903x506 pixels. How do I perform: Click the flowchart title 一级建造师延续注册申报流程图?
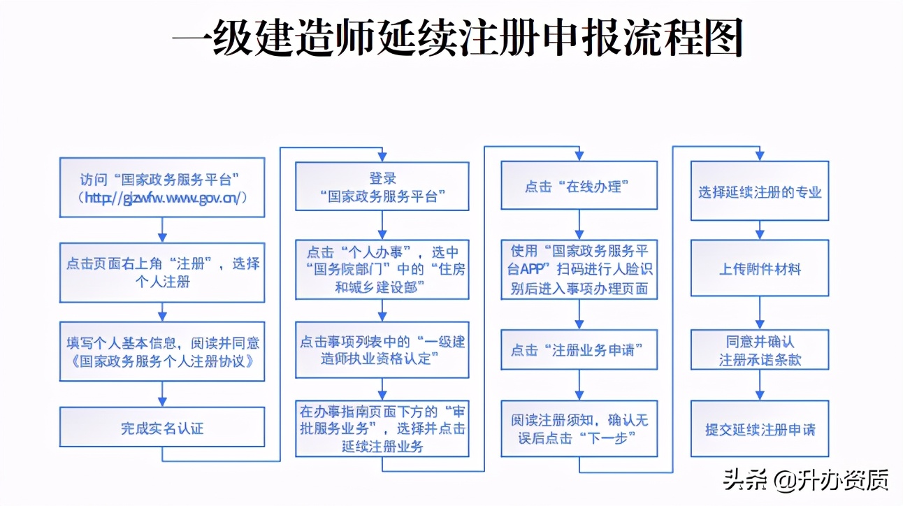(457, 39)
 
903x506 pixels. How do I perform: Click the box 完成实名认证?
(162, 427)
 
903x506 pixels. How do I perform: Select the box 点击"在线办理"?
(579, 186)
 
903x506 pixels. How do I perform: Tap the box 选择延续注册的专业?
(760, 191)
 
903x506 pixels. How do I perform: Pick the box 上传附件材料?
(760, 268)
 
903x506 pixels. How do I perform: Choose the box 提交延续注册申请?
(760, 428)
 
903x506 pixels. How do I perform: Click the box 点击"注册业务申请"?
(579, 349)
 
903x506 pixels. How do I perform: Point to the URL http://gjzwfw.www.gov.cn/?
(162, 198)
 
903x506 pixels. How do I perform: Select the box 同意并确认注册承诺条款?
(760, 350)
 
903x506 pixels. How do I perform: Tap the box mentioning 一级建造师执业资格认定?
(382, 349)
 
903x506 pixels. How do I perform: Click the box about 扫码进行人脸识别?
(579, 269)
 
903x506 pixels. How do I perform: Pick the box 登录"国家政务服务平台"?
(382, 186)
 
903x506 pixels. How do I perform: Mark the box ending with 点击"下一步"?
(579, 429)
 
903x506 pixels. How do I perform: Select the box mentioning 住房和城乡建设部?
(382, 269)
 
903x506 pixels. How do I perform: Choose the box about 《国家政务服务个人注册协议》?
(162, 352)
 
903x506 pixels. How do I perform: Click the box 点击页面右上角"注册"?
(162, 273)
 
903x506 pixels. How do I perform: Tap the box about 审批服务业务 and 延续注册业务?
(382, 428)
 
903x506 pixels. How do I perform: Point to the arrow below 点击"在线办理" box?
(579, 224)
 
